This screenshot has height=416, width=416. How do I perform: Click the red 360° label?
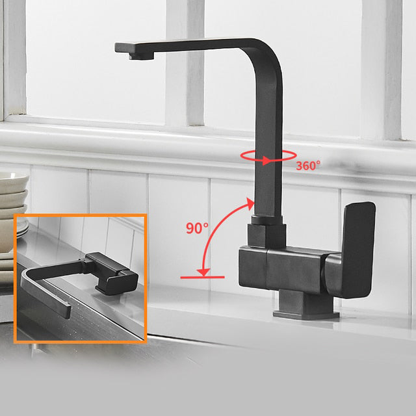click(308, 166)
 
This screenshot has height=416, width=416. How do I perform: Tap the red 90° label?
click(197, 228)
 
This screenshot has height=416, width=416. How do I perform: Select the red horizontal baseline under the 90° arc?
click(202, 278)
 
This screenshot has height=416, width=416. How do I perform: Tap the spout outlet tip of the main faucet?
click(142, 56)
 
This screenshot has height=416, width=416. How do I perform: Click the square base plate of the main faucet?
click(306, 315)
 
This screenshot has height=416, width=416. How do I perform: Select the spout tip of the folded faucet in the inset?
click(66, 311)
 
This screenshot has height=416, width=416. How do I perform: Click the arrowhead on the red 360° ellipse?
click(266, 161)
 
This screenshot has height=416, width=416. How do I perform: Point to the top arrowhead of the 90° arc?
click(250, 203)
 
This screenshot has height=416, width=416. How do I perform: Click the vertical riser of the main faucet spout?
click(268, 149)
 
